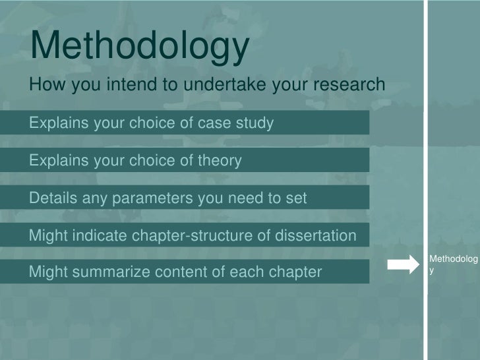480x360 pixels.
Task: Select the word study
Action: point(256,123)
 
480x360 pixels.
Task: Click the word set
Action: point(297,198)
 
